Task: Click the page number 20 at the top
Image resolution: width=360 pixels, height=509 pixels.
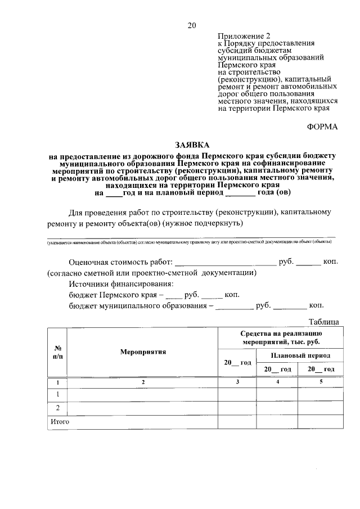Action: (x=192, y=25)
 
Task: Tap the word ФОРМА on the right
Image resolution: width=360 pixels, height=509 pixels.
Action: (x=322, y=127)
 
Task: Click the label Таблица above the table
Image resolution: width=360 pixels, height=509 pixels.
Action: (x=323, y=322)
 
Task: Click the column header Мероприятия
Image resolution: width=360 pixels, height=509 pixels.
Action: (x=143, y=352)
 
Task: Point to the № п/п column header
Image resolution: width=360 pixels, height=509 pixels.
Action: (x=57, y=352)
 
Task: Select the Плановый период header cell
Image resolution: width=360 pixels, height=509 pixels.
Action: (x=300, y=355)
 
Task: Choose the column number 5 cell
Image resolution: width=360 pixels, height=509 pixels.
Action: (x=321, y=382)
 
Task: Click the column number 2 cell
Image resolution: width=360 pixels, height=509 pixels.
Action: (x=143, y=382)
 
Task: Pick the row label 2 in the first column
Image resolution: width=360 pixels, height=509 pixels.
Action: (x=57, y=408)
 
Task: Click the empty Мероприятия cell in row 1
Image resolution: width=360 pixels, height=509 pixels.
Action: (x=143, y=394)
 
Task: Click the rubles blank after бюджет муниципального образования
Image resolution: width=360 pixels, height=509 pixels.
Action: (x=234, y=306)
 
